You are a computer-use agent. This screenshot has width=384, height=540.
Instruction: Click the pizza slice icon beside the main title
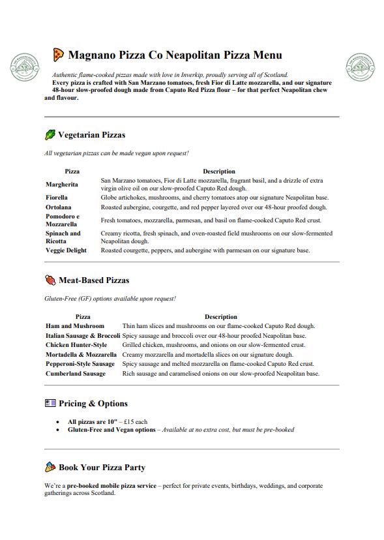pyautogui.click(x=58, y=55)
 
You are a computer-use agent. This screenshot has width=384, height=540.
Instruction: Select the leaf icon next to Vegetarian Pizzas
pyautogui.click(x=50, y=135)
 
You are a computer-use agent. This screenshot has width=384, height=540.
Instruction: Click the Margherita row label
pyautogui.click(x=62, y=184)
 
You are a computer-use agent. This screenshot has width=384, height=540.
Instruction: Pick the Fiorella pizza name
pyautogui.click(x=57, y=197)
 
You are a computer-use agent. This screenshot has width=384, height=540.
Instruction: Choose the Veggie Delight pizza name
pyautogui.click(x=66, y=250)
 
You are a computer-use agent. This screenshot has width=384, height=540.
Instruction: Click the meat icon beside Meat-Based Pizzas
pyautogui.click(x=50, y=280)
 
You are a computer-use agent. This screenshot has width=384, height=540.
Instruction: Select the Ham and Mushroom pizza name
pyautogui.click(x=75, y=325)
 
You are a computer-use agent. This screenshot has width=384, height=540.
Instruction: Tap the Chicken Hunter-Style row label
pyautogui.click(x=76, y=345)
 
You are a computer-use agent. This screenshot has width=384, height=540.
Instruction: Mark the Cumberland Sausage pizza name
pyautogui.click(x=76, y=374)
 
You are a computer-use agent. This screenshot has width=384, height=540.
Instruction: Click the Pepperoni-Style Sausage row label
pyautogui.click(x=80, y=364)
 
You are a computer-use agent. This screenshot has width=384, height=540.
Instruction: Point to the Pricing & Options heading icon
pyautogui.click(x=50, y=403)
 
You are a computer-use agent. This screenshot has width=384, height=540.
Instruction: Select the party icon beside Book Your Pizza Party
pyautogui.click(x=50, y=467)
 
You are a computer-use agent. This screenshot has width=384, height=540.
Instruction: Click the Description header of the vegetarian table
pyautogui.click(x=218, y=172)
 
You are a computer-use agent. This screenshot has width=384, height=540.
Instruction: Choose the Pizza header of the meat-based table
pyautogui.click(x=83, y=316)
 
